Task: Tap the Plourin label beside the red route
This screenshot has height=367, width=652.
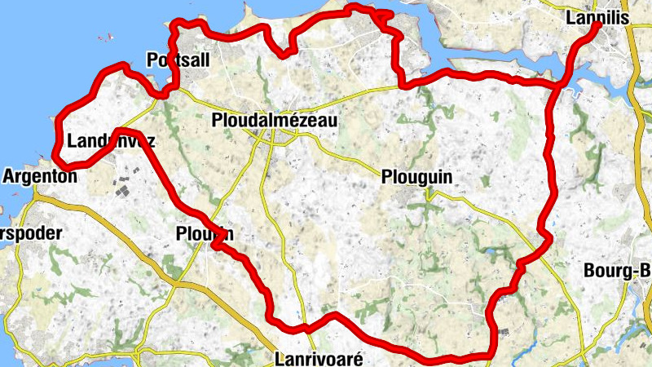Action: [x=204, y=234]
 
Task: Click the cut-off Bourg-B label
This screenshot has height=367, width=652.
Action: [x=619, y=272]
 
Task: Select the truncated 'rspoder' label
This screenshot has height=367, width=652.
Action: [x=31, y=233]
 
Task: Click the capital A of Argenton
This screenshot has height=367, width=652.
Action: [x=10, y=175]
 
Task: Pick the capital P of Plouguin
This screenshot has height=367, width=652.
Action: [x=385, y=176]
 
